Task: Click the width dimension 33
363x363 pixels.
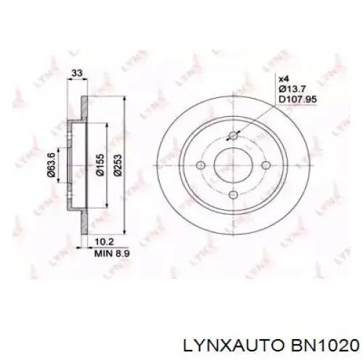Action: [76, 73]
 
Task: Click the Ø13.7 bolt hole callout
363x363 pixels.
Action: [290, 89]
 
